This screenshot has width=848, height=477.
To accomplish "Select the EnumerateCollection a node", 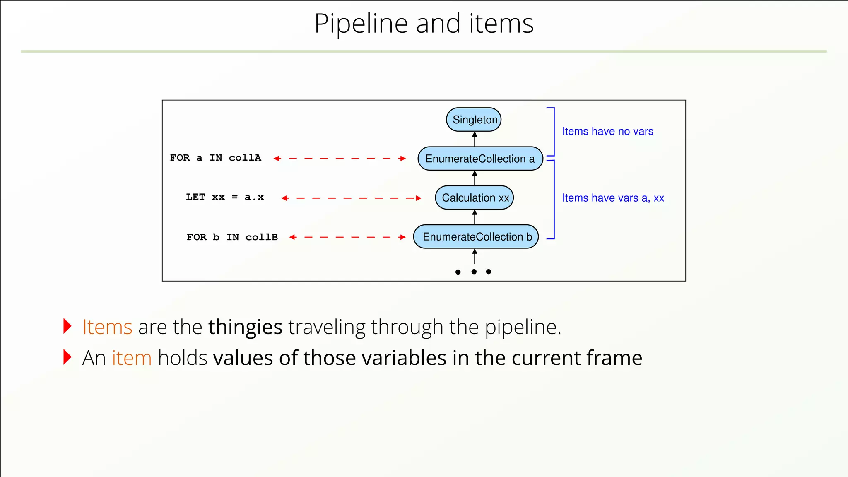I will (480, 159).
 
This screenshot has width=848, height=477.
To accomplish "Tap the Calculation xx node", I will (475, 198).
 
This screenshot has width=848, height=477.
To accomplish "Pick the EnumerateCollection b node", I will (476, 237).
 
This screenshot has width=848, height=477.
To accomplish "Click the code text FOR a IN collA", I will (215, 158).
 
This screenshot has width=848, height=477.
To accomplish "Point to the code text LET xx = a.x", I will (224, 197).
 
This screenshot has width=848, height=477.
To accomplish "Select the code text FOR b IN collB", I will (232, 237).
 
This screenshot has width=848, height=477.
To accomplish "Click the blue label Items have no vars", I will (607, 131).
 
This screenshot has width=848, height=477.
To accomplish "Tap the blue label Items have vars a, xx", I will (613, 198).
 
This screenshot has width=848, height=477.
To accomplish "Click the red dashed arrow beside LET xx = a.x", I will (351, 198).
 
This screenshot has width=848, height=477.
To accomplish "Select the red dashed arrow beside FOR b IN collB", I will (347, 237).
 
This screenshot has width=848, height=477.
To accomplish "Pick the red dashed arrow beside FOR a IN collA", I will (340, 159).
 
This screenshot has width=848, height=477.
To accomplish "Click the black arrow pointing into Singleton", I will (475, 139).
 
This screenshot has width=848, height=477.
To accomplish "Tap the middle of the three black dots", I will (474, 272).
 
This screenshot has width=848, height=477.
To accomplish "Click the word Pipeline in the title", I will (361, 24).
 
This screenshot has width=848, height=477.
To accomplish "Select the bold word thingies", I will (245, 327).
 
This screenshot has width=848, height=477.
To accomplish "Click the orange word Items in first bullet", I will (107, 327).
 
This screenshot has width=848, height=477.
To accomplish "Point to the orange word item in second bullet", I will (132, 358).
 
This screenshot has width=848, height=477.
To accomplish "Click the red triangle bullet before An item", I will (67, 357).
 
